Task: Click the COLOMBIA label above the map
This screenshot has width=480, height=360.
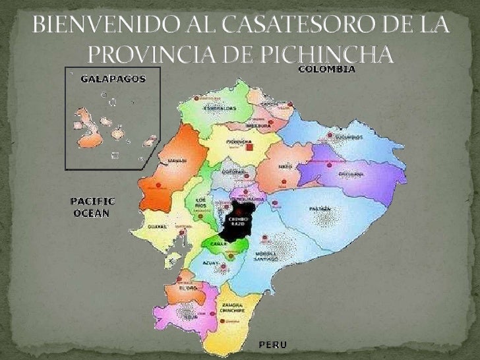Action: click(327, 69)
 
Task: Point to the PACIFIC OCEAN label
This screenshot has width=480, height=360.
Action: click(93, 206)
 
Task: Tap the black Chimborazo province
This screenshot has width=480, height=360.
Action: click(239, 220)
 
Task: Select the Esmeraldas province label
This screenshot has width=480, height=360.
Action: click(220, 109)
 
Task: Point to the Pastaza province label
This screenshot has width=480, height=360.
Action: click(319, 209)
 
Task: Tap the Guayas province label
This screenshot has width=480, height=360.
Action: click(161, 226)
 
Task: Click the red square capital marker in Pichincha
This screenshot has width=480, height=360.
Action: click(250, 148)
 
